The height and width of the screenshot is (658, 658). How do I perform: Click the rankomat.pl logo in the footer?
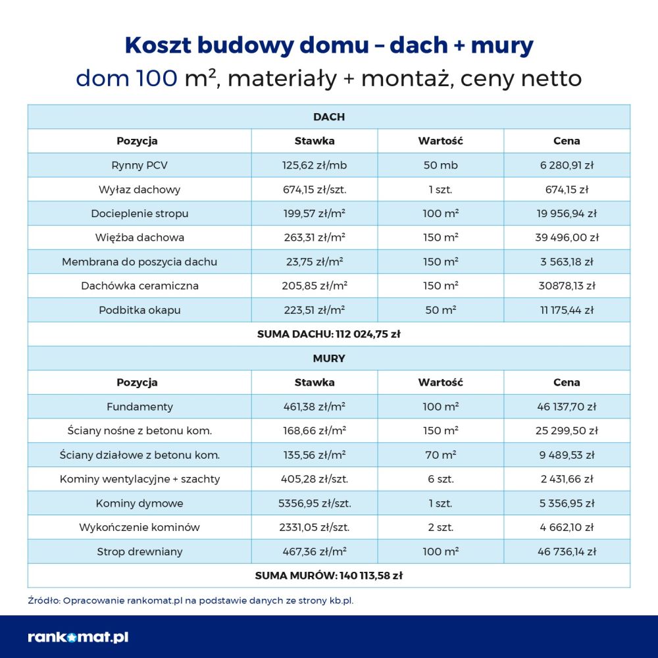(78, 637)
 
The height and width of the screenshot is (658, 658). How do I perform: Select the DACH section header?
(329, 117)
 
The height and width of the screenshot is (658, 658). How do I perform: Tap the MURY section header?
(329, 359)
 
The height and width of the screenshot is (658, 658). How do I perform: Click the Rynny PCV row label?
(139, 165)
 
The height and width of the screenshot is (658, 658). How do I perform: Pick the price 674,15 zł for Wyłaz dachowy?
(567, 190)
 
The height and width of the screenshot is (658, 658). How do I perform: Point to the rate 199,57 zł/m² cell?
(315, 213)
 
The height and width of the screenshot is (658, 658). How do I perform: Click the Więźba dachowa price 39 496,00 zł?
(567, 238)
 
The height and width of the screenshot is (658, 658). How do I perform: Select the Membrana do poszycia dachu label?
(139, 262)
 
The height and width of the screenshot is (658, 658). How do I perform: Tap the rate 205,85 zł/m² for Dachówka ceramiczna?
(315, 286)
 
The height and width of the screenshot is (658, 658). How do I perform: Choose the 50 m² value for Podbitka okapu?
(441, 310)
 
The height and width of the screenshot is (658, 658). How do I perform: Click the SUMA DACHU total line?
(329, 334)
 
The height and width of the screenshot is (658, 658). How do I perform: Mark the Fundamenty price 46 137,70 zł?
(567, 407)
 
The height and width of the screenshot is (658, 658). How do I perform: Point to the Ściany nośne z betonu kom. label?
(139, 431)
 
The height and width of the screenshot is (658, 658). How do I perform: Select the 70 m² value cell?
(441, 455)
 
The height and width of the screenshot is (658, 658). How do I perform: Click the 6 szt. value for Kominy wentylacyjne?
(441, 479)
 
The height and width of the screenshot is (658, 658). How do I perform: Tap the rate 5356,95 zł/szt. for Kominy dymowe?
(315, 503)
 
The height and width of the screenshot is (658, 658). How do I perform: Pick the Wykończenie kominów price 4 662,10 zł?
(567, 527)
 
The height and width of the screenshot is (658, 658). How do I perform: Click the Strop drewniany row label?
(139, 551)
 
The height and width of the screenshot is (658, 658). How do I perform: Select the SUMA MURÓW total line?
(329, 576)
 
